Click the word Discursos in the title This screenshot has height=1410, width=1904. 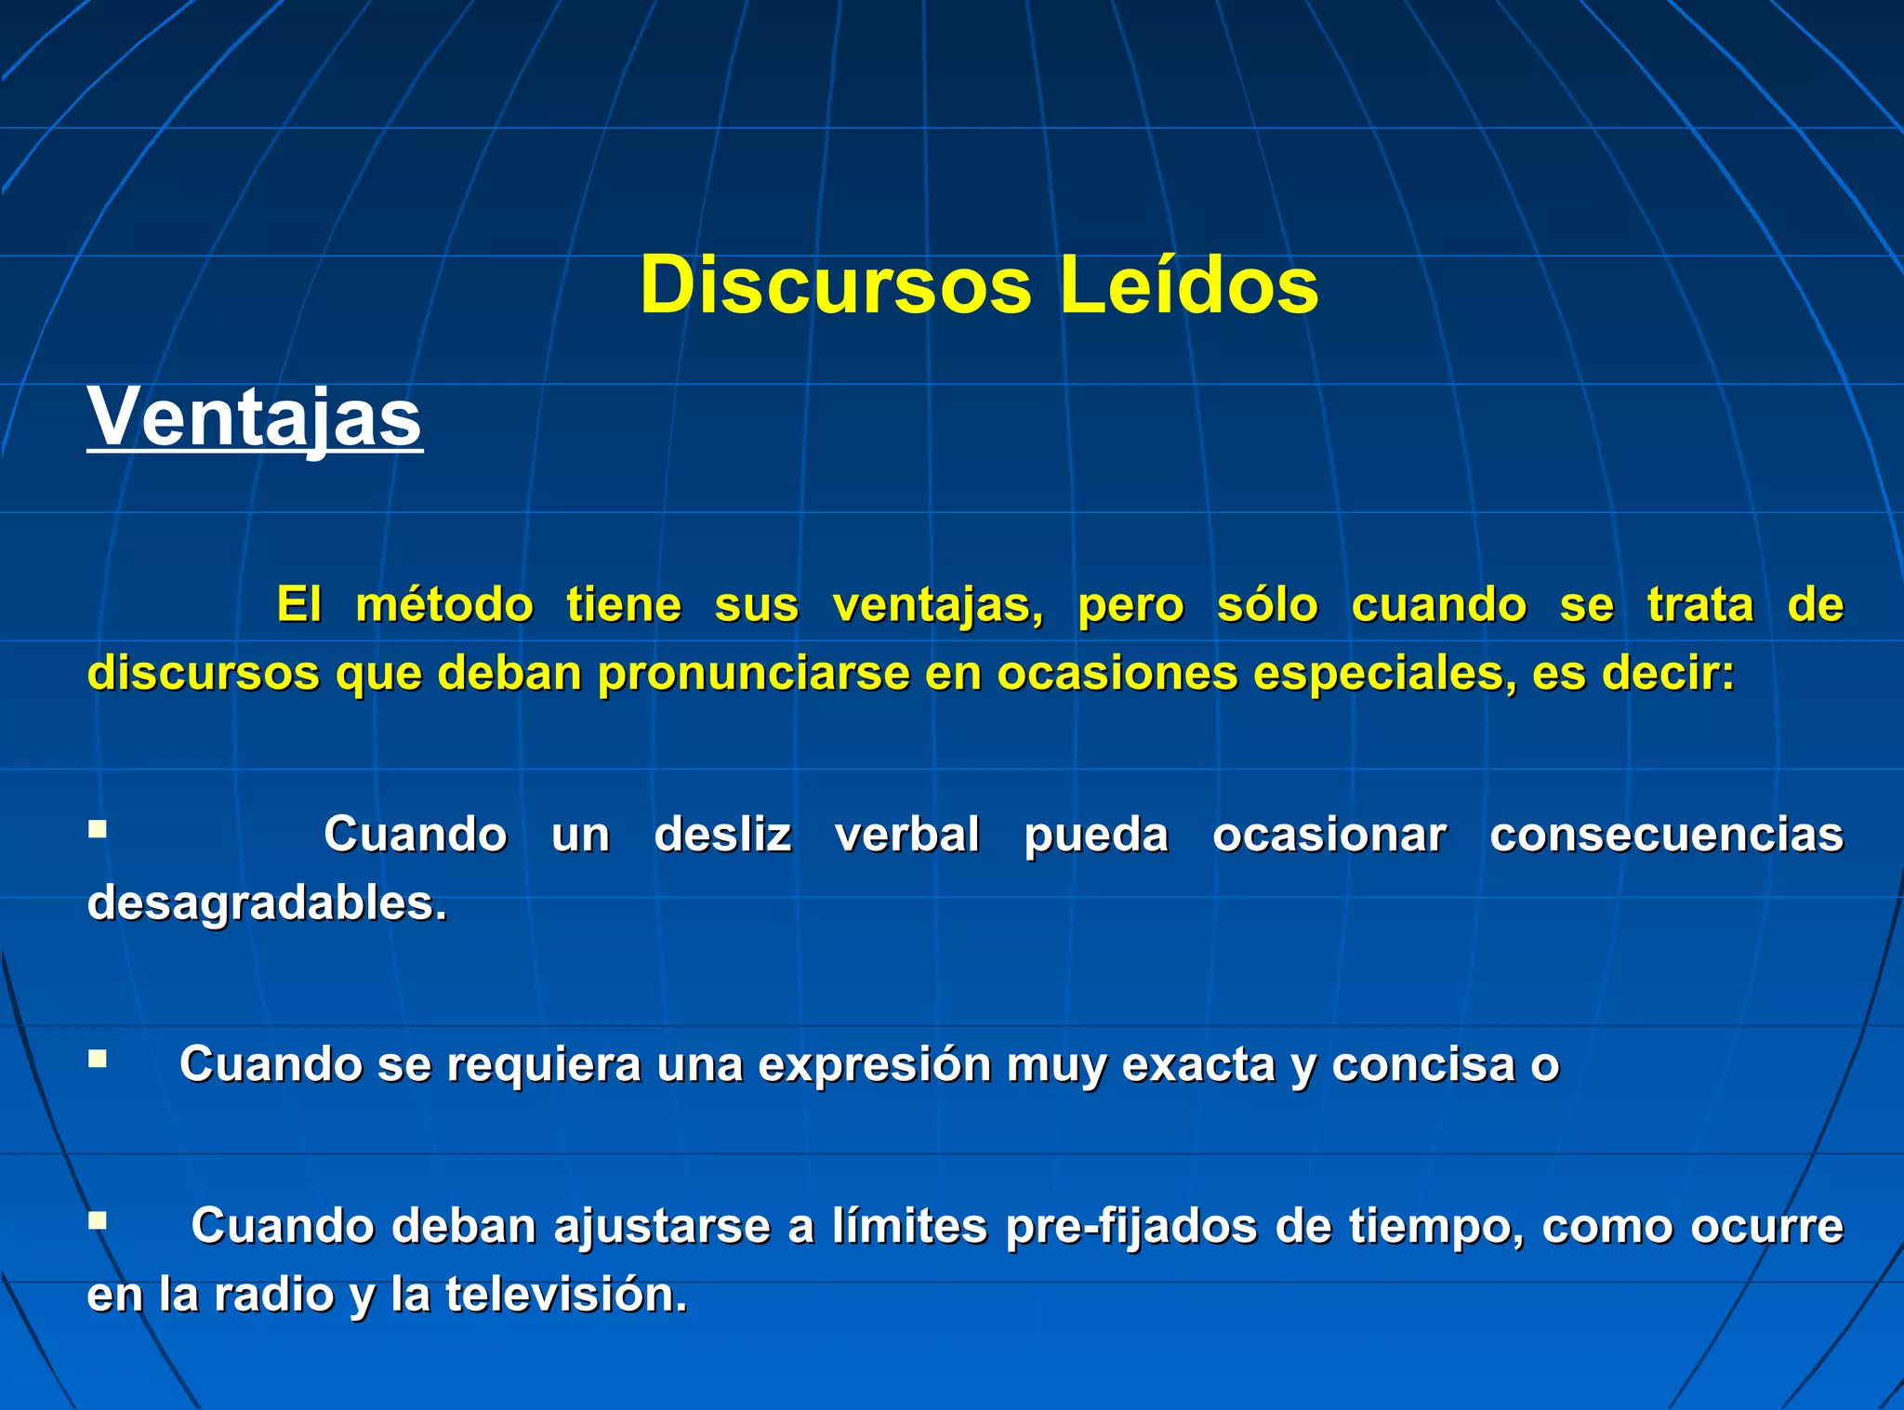pyautogui.click(x=835, y=285)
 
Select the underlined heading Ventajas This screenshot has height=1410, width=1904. pyautogui.click(x=255, y=417)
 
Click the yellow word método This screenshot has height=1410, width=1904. pyautogui.click(x=444, y=605)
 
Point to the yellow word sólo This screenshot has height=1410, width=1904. pyautogui.click(x=1267, y=605)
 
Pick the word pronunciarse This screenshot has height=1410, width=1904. pyautogui.click(x=753, y=673)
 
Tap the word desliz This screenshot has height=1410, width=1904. pyautogui.click(x=722, y=834)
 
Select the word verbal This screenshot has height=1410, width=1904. pyautogui.click(x=907, y=834)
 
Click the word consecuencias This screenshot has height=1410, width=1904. pyautogui.click(x=1666, y=834)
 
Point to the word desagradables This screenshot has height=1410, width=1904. pyautogui.click(x=266, y=903)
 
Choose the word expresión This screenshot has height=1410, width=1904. pyautogui.click(x=875, y=1064)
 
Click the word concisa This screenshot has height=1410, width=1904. pyautogui.click(x=1423, y=1064)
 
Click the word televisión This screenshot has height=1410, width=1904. pyautogui.click(x=565, y=1295)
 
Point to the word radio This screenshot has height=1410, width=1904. pyautogui.click(x=274, y=1295)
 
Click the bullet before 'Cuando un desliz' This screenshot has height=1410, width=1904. pyautogui.click(x=98, y=827)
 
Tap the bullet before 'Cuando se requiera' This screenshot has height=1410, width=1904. pyautogui.click(x=98, y=1058)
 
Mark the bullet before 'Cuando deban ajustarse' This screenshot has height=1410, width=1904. pyautogui.click(x=98, y=1219)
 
